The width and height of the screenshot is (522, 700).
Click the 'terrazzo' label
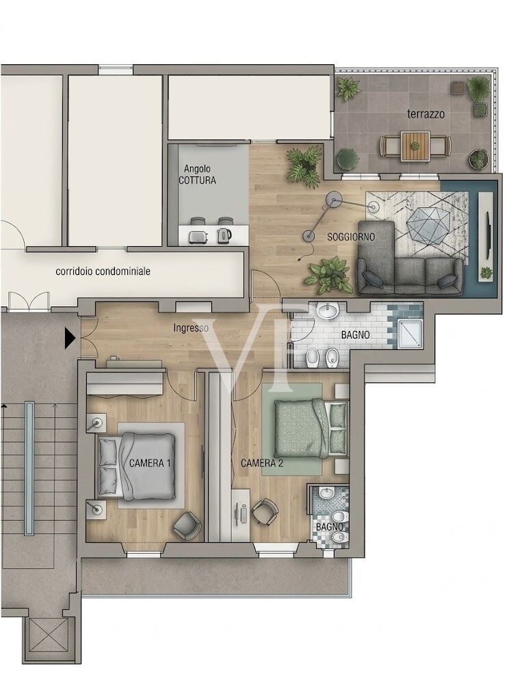click(426, 114)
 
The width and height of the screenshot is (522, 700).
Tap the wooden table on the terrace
click(415, 146)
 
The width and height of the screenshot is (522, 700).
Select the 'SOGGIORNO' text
click(351, 237)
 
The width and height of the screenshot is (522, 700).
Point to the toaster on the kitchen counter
click(196, 236)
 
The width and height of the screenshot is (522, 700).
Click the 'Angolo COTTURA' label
click(198, 175)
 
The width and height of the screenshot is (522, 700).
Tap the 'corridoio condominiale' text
click(103, 271)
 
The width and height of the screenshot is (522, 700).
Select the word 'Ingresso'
click(191, 328)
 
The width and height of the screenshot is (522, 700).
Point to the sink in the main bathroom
click(330, 311)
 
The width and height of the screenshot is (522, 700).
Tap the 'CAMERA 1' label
click(150, 463)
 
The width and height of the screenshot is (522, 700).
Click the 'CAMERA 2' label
click(262, 463)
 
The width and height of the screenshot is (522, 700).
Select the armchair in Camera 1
click(186, 526)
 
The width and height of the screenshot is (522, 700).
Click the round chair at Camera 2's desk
click(265, 511)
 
